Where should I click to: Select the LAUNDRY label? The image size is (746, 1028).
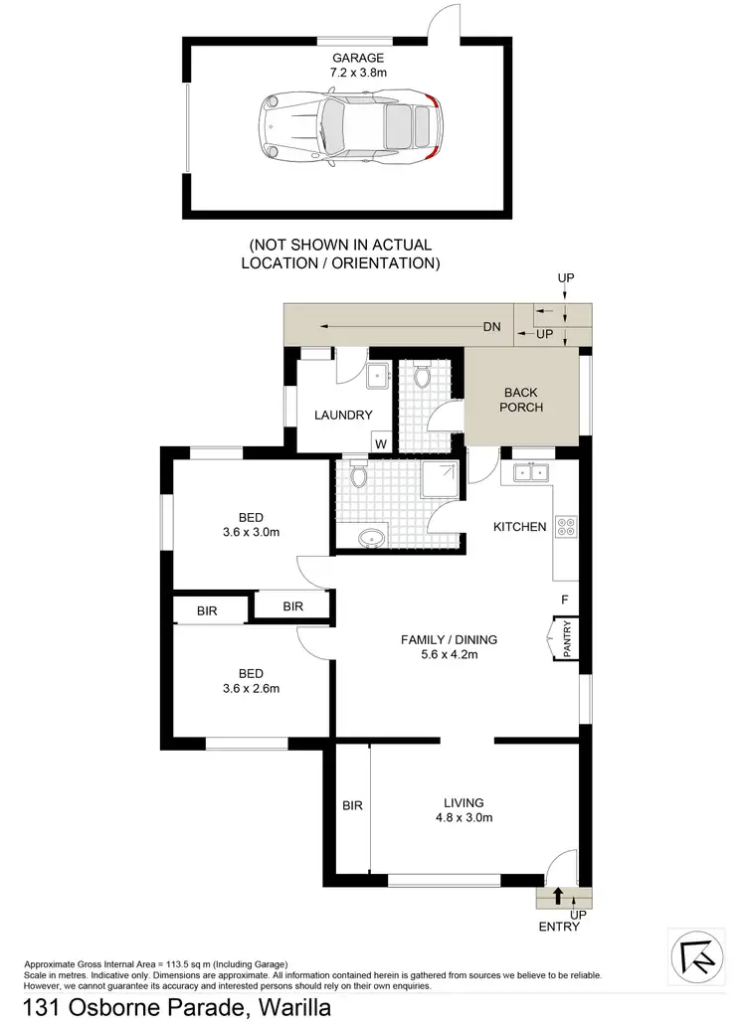343,416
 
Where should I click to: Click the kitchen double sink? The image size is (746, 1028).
532,473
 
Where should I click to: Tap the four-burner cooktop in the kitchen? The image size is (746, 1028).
566,526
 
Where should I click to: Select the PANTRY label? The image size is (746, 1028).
567,638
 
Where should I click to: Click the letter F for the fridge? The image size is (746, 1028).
564,600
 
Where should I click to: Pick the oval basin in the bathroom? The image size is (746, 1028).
373,538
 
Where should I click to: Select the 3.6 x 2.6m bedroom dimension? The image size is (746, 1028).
251,688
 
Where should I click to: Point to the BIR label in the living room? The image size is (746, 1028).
352,805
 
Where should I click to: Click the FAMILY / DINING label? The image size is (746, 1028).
449,639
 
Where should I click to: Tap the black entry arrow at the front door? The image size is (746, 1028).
558,895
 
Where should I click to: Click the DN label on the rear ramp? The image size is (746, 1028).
491,326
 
